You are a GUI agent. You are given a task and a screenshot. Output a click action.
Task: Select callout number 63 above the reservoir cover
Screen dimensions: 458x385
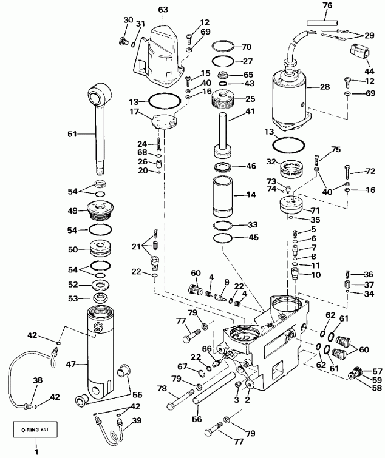click(163, 10)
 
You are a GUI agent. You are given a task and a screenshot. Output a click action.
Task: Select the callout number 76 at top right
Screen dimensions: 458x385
click(327, 7)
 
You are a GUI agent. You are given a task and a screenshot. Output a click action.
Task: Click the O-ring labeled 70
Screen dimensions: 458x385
click(223, 47)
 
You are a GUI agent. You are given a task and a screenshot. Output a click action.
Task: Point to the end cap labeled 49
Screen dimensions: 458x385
click(98, 209)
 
